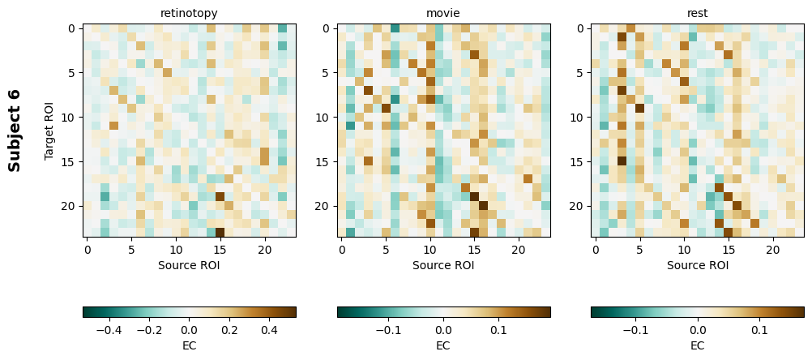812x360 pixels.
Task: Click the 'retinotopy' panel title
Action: click(189, 13)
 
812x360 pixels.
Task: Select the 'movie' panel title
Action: click(443, 13)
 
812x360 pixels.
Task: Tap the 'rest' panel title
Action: click(698, 13)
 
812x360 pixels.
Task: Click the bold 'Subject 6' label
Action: click(15, 131)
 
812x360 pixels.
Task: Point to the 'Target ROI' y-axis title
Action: click(49, 131)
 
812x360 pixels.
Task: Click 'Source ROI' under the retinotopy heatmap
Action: click(189, 264)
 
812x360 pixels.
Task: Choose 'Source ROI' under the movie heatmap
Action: click(443, 264)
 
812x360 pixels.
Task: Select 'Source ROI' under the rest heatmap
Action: click(698, 264)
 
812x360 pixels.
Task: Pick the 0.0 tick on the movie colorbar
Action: click(443, 330)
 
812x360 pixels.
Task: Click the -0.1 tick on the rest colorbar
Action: click(635, 330)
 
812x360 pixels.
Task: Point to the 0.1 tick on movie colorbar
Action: click(498, 330)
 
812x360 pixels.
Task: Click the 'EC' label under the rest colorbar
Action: click(698, 345)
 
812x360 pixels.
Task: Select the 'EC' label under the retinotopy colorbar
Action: click(189, 345)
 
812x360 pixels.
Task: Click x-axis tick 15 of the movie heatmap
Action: click(474, 251)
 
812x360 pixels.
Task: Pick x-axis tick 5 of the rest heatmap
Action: click(640, 251)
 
